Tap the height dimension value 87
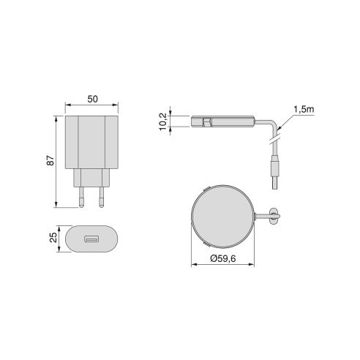(x=50, y=160)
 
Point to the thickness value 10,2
(x=162, y=121)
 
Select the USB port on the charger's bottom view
(x=91, y=239)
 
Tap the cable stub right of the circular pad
(x=272, y=214)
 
